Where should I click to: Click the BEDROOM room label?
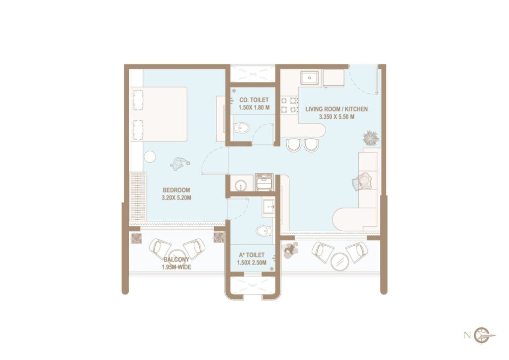point(176,190)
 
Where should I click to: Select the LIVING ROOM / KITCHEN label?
point(337,109)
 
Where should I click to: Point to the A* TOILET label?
point(251,255)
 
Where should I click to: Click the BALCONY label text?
point(176,260)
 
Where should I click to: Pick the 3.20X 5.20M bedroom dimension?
point(176,198)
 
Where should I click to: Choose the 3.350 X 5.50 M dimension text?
point(337,117)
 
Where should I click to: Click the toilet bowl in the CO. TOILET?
point(241,128)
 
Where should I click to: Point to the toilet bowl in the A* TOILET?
point(264,231)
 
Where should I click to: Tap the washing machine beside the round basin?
point(264,182)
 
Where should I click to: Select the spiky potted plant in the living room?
point(370,136)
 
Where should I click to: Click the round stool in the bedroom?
point(150,157)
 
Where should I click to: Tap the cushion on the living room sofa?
point(364,181)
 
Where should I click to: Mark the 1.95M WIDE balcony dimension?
point(176,267)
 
